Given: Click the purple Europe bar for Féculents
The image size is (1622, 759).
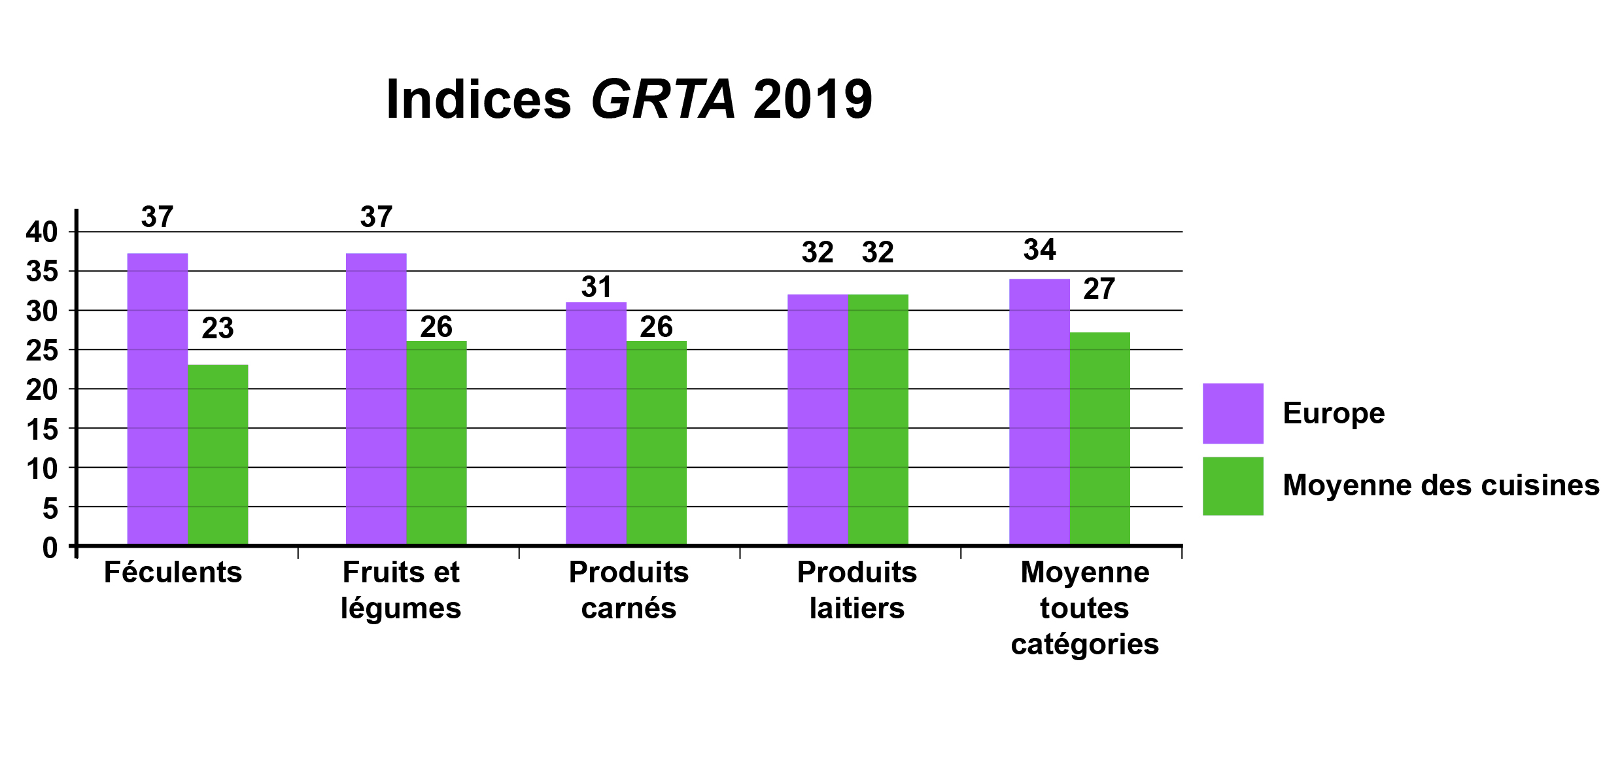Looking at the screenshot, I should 158,399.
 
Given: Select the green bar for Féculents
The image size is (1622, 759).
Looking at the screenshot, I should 218,455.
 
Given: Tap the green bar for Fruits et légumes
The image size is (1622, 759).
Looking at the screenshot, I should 436,443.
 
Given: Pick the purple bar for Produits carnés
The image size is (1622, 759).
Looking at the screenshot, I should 596,423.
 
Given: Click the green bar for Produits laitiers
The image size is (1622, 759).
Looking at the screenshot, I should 878,419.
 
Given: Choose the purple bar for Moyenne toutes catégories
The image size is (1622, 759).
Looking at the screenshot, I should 1039,412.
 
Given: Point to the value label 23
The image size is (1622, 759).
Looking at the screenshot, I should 218,328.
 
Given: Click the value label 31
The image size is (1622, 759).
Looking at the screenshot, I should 596,287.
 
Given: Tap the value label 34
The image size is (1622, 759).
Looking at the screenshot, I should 1039,250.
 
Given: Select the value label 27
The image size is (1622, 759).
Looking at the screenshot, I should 1099,289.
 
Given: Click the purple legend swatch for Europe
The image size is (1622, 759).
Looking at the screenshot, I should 1233,414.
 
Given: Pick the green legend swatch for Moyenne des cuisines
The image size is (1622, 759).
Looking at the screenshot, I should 1233,486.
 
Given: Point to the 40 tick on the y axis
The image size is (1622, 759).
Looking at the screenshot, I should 42,232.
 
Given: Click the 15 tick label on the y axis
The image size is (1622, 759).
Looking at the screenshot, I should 42,430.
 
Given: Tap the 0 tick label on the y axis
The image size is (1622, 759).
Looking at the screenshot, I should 50,548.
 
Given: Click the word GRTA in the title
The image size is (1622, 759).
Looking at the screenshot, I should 663,100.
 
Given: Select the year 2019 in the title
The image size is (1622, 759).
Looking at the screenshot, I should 813,100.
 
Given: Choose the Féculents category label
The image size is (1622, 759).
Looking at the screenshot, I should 173,573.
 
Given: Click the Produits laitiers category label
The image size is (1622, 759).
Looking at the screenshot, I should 857,590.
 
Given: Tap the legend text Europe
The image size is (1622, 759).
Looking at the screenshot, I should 1334,414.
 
